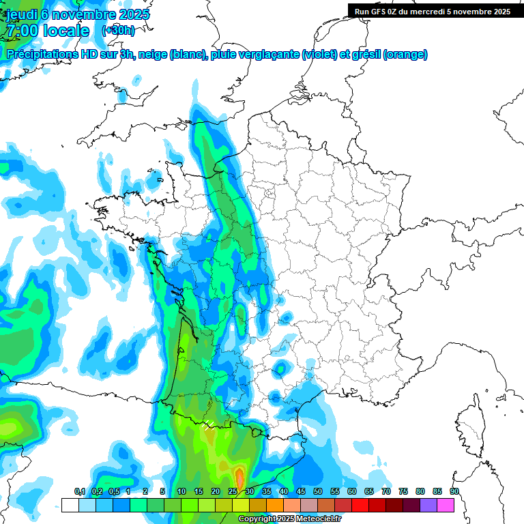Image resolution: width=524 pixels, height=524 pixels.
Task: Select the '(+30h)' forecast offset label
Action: tap(118, 31)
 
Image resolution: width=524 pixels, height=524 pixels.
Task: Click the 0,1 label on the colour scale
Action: tap(80, 492)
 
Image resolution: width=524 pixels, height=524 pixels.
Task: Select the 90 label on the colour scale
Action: tap(454, 492)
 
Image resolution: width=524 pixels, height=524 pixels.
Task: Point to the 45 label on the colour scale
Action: tap(301, 492)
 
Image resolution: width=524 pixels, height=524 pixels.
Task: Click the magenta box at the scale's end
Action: tap(446, 505)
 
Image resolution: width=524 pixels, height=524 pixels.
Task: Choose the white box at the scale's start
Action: tap(70, 505)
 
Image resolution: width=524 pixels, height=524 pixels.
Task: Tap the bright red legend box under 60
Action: tap(360, 505)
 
